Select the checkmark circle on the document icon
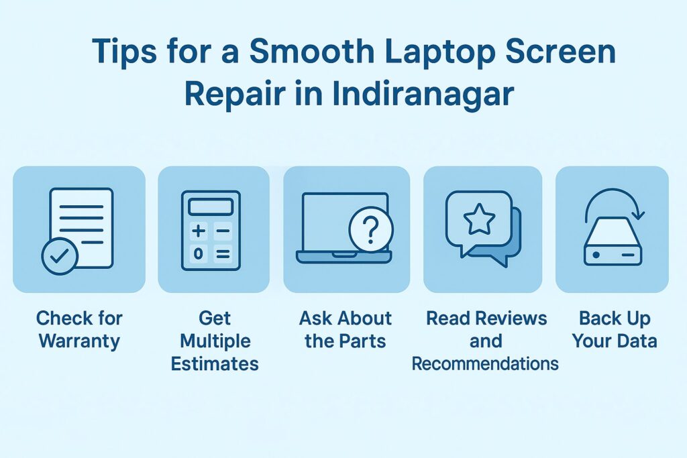coord(60,257)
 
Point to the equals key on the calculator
coord(223,253)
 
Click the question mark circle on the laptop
coord(370,230)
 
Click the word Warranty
coord(79,340)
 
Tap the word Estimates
coord(215,363)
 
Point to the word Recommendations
coord(485,363)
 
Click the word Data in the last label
coord(635,340)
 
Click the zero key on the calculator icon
coord(199,253)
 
